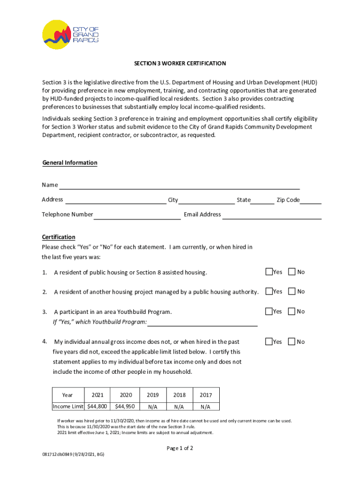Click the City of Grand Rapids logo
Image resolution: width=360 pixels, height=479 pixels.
pos(71,34)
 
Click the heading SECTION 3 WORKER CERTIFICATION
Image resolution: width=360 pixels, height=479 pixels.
pos(180,63)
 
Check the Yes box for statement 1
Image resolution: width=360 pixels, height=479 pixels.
pos(269,272)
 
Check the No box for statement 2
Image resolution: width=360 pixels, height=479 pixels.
pos(292,291)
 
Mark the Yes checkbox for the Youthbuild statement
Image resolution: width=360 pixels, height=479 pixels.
pos(269,311)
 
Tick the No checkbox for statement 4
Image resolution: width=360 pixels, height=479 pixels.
pos(292,341)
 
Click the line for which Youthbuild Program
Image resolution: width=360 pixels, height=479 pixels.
pos(202,322)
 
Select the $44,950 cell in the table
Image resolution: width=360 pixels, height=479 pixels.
pos(125,406)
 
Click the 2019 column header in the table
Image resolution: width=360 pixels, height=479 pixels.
pos(153,395)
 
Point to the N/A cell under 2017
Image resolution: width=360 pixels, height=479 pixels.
pos(206,406)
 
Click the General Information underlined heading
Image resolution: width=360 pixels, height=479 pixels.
pos(70,163)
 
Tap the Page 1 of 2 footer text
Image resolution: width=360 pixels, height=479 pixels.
pos(180,448)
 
